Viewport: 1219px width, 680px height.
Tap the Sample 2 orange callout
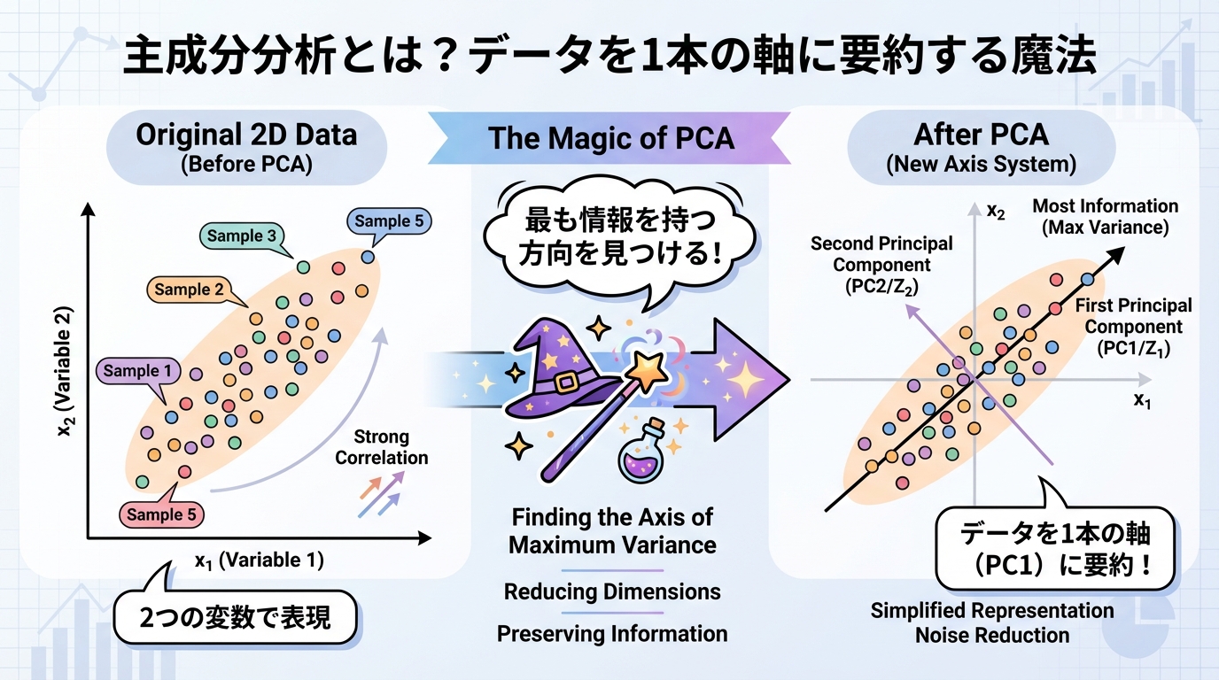coord(189,289)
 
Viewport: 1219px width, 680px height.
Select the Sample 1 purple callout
coord(137,371)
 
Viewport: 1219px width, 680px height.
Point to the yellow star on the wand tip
coord(655,371)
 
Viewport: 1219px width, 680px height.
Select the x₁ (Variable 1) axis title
coord(259,560)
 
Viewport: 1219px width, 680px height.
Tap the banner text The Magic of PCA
coord(611,137)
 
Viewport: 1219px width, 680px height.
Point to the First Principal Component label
coord(1133,327)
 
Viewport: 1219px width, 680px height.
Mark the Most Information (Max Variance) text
coord(1105,217)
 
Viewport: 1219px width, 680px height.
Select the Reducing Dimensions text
coord(612,591)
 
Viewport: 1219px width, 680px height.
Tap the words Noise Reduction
coord(992,635)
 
